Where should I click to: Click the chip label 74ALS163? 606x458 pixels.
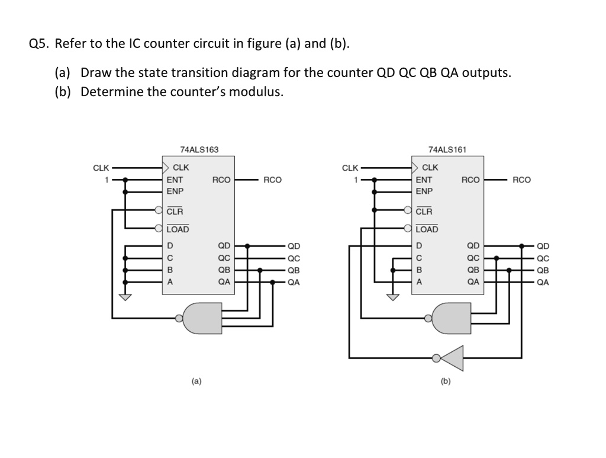[x=199, y=149]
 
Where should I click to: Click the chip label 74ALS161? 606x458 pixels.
[x=447, y=149]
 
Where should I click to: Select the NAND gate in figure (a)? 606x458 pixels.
[x=201, y=318]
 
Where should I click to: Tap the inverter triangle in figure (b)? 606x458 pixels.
[x=452, y=357]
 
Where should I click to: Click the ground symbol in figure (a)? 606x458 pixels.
[x=125, y=297]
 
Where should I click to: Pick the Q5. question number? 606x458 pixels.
[x=39, y=44]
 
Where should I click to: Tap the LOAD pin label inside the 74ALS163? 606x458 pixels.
[x=178, y=229]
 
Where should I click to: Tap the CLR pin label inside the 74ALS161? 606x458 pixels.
[x=424, y=212]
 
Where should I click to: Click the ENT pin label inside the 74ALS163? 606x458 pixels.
[x=175, y=180]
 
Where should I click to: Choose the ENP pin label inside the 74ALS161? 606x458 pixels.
[x=424, y=191]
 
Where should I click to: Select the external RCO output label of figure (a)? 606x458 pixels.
[x=272, y=180]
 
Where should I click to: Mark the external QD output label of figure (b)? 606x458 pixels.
[x=543, y=246]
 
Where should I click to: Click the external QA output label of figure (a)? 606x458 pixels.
[x=294, y=282]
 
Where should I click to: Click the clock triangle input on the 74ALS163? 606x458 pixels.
[x=166, y=168]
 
